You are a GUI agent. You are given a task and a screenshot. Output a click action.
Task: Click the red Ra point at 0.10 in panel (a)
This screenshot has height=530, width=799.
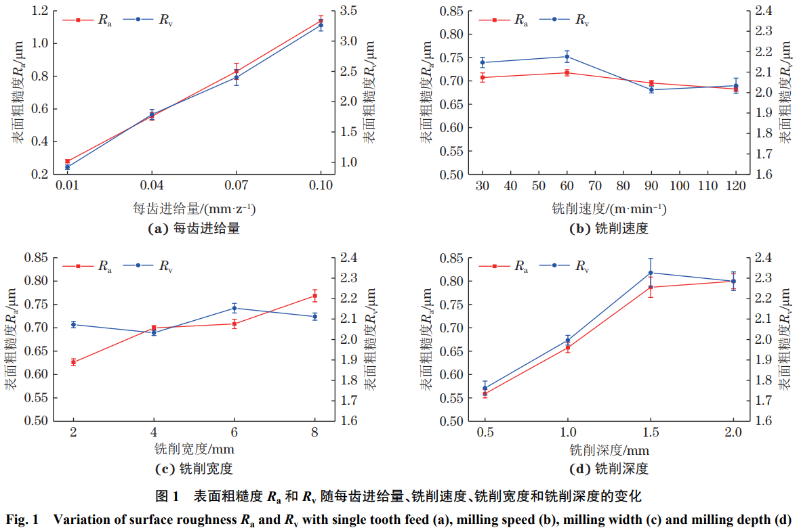321,21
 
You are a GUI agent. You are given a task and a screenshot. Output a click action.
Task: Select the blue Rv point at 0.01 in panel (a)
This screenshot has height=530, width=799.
67,167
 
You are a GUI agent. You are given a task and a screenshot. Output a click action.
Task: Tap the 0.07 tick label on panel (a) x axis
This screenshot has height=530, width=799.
237,185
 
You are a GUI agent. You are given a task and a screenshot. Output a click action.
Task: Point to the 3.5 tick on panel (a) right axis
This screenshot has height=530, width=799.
345,11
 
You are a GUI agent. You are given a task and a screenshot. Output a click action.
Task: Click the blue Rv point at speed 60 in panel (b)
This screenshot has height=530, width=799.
567,56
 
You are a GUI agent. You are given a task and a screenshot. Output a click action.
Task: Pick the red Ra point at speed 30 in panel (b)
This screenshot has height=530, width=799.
483,77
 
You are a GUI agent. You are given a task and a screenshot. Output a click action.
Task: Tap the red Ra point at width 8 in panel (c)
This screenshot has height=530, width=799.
314,296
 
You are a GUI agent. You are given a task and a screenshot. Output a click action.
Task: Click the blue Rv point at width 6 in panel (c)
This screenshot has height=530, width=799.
234,308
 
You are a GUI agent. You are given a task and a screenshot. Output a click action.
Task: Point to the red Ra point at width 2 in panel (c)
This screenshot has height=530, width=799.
73,362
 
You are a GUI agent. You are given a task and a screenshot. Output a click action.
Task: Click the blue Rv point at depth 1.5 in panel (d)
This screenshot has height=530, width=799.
651,273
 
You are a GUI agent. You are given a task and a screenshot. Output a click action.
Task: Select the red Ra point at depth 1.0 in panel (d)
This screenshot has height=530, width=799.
568,347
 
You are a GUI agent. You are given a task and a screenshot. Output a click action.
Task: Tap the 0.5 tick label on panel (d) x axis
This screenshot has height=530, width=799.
485,433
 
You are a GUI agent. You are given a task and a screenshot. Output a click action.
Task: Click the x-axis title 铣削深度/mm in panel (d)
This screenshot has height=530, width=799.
609,449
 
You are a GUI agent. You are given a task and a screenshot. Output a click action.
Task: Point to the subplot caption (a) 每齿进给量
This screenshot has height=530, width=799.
194,229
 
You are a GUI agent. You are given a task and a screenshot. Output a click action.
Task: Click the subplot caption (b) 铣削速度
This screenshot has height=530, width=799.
609,229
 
